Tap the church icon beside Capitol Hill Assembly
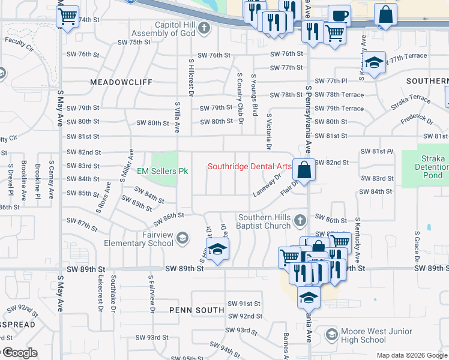[x=204, y=27]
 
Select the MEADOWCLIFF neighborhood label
[x=121, y=81]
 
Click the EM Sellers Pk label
[x=163, y=172]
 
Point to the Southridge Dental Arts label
[x=249, y=166]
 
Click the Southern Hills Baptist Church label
[x=265, y=222]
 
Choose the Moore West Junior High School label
[x=376, y=335]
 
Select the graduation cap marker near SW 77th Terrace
[x=374, y=64]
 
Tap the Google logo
[x=19, y=353]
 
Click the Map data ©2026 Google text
[x=412, y=355]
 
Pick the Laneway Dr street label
[x=267, y=185]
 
